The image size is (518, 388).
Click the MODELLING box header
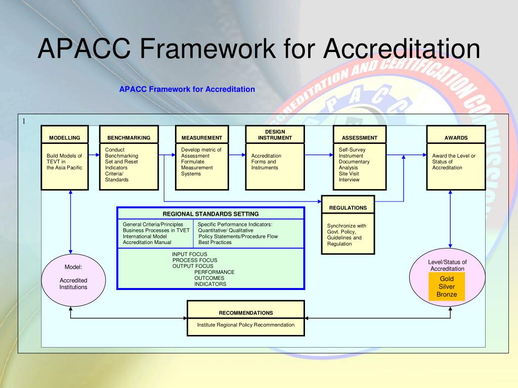64,137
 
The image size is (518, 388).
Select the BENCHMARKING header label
128,137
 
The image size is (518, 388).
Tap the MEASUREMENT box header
201,137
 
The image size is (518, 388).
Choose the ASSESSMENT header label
359,137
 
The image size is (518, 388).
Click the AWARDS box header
456,137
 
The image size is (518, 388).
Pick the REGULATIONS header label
348,208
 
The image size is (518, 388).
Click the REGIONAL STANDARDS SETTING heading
210,214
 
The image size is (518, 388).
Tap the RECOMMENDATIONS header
246,313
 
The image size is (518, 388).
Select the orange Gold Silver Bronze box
447,286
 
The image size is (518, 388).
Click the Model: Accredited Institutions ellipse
73,277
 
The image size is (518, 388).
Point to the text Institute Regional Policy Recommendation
246,325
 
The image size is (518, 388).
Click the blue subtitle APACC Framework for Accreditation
187,89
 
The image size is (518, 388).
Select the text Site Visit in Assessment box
350,173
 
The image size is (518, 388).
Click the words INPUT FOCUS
190,254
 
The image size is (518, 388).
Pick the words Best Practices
215,243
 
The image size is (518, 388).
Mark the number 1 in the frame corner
23,121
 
